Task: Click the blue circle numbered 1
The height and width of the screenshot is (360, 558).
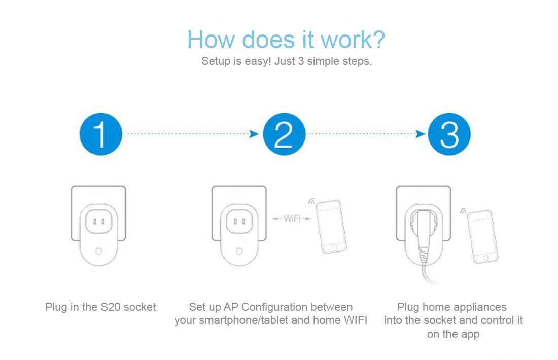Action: point(100,134)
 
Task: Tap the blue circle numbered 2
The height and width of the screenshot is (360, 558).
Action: point(284,134)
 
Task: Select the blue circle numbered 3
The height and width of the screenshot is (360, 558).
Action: point(449,134)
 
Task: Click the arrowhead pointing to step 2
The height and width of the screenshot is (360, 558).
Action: point(254,134)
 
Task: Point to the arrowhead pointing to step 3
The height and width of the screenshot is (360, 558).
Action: point(420,134)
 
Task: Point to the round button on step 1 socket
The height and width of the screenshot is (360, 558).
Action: point(99,251)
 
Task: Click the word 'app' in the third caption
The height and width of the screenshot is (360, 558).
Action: point(470,334)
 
